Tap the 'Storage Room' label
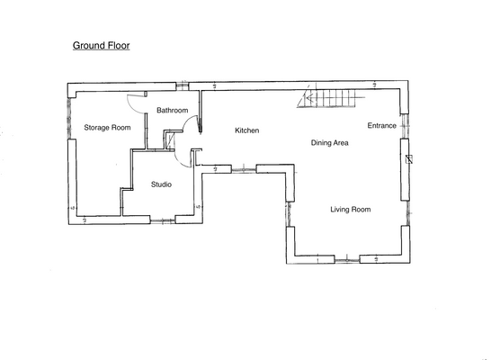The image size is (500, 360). (x=107, y=128)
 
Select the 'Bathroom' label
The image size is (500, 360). (x=171, y=110)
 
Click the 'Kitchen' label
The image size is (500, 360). (x=246, y=130)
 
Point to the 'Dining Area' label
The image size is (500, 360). (x=330, y=142)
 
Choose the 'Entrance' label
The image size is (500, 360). (x=381, y=126)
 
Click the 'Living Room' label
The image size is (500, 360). (x=350, y=209)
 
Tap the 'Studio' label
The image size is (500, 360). (x=161, y=184)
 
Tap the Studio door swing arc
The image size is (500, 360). (x=181, y=157)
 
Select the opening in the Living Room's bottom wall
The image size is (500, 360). (x=345, y=260)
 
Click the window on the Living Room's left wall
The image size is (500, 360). (x=289, y=214)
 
